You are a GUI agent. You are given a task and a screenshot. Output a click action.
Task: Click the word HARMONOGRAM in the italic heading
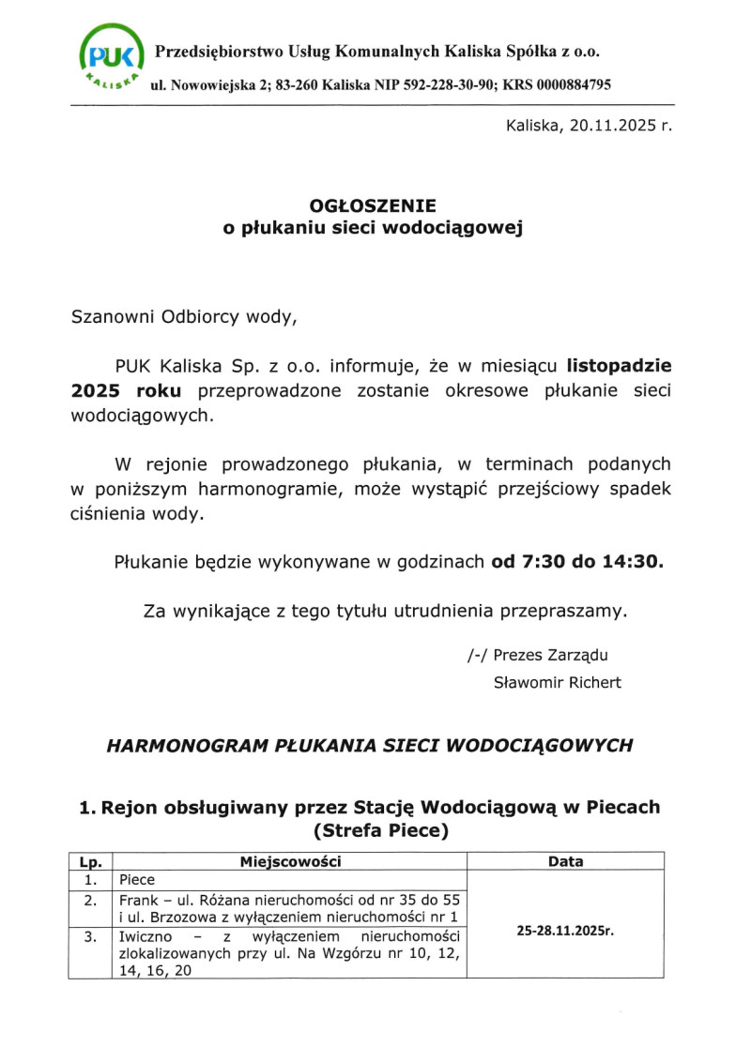point(178,746)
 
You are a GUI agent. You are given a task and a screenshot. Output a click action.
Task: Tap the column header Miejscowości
point(290,861)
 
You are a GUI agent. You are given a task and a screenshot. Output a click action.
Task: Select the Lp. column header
point(90,861)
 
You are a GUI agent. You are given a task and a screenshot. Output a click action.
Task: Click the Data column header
point(565,861)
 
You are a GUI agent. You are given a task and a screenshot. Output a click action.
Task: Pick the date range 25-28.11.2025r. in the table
point(565,932)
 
